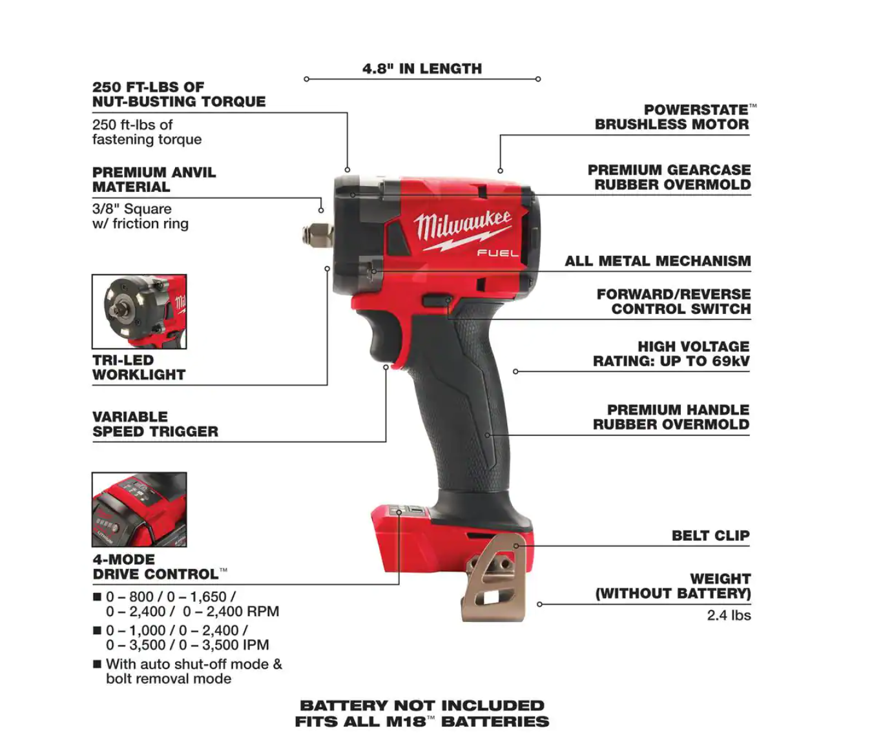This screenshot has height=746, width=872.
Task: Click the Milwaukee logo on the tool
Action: point(462,230)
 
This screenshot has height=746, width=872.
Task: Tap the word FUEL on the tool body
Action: point(497,253)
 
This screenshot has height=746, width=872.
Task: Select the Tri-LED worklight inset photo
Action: point(140,311)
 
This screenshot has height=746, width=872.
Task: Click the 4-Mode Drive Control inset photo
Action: point(140,510)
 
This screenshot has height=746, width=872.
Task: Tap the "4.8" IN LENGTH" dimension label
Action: point(422,68)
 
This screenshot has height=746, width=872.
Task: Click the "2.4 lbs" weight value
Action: point(729,615)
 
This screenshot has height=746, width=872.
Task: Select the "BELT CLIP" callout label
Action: point(711,535)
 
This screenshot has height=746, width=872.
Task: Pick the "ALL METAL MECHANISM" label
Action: point(658,261)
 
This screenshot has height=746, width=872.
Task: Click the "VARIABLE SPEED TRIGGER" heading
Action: point(155,424)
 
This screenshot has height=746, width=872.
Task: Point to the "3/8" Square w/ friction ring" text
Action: point(140,216)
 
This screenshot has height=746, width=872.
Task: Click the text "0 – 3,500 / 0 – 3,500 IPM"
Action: point(187,645)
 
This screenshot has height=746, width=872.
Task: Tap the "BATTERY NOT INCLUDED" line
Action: point(422,705)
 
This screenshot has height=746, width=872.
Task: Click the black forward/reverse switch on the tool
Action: point(437,300)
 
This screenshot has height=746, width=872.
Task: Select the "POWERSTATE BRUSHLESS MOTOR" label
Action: point(676,117)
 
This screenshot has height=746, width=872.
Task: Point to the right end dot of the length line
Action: point(538,79)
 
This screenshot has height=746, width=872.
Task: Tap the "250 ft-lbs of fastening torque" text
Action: point(147,132)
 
